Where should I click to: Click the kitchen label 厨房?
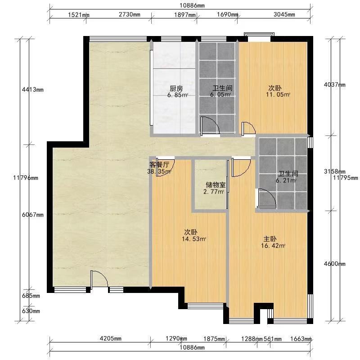176,88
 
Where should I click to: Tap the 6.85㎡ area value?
178,95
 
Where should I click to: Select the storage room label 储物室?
216,185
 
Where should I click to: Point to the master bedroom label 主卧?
270,239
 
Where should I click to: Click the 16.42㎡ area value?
273,246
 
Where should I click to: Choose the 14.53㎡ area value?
194,239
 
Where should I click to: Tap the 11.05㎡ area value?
278,94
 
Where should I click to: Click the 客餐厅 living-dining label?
159,164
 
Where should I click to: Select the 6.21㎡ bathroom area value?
286,180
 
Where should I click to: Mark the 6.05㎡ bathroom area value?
220,94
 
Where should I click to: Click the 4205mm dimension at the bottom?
110,338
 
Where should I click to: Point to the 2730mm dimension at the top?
130,14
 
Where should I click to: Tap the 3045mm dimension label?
284,14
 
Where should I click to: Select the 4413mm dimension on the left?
32,90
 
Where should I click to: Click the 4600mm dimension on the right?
334,264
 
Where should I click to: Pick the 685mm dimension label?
31,296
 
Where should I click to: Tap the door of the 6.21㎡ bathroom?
266,198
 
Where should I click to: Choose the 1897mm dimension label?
185,15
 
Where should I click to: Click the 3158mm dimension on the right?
334,171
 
